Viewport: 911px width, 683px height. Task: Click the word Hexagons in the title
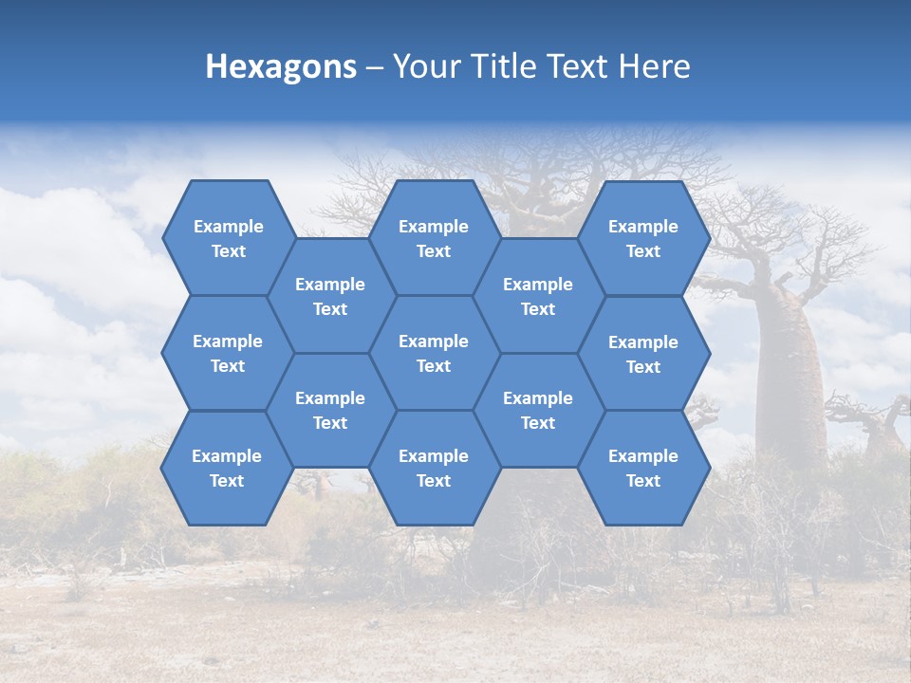tap(281, 66)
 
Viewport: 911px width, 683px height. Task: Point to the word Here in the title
tap(655, 66)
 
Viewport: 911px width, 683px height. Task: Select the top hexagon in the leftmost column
tap(228, 238)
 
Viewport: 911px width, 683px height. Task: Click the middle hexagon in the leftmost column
tap(228, 353)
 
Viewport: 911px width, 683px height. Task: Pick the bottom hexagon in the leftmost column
tap(227, 468)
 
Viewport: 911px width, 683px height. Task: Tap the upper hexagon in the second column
tap(330, 296)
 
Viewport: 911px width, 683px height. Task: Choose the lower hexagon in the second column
tap(330, 410)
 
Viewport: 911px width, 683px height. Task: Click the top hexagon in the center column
tap(434, 238)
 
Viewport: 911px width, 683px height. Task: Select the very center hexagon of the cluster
tap(434, 353)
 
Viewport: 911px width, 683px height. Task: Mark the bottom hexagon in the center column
tap(434, 468)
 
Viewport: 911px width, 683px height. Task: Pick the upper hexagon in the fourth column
tap(538, 296)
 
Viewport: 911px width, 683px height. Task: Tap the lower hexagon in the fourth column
tap(538, 410)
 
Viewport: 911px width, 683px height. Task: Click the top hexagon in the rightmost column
tap(643, 238)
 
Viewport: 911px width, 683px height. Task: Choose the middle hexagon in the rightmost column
tap(643, 354)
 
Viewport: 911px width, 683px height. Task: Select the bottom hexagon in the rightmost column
tap(643, 468)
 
